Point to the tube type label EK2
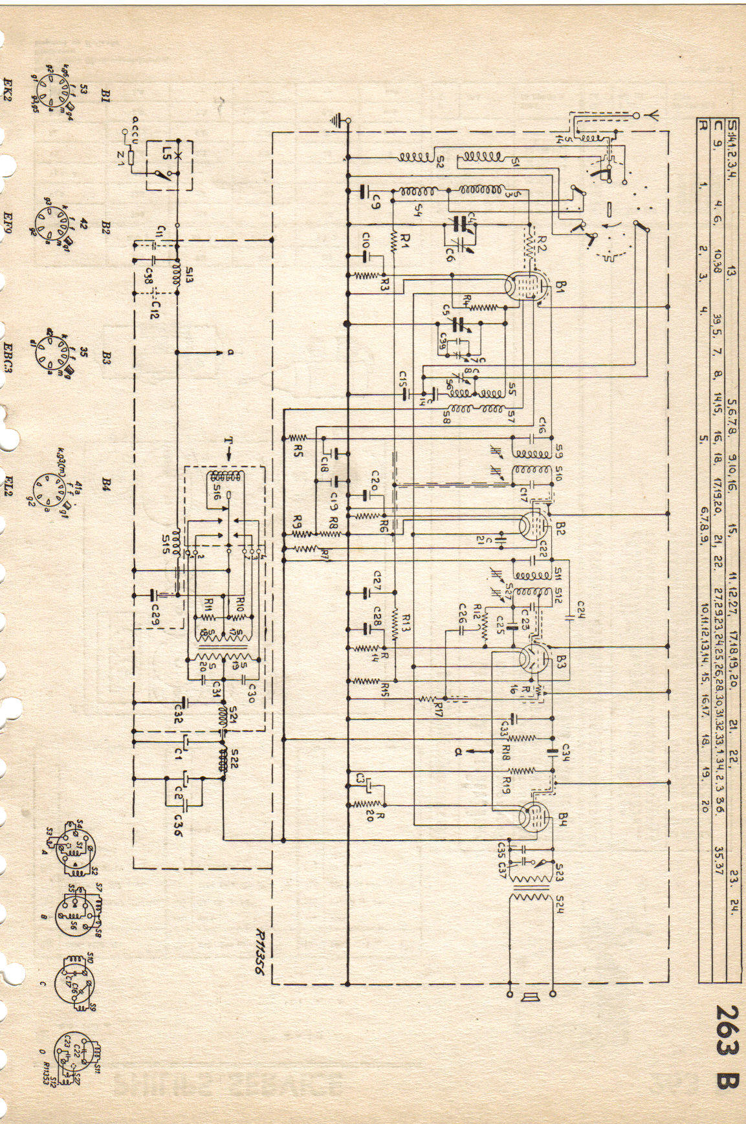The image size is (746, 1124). (10, 70)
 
